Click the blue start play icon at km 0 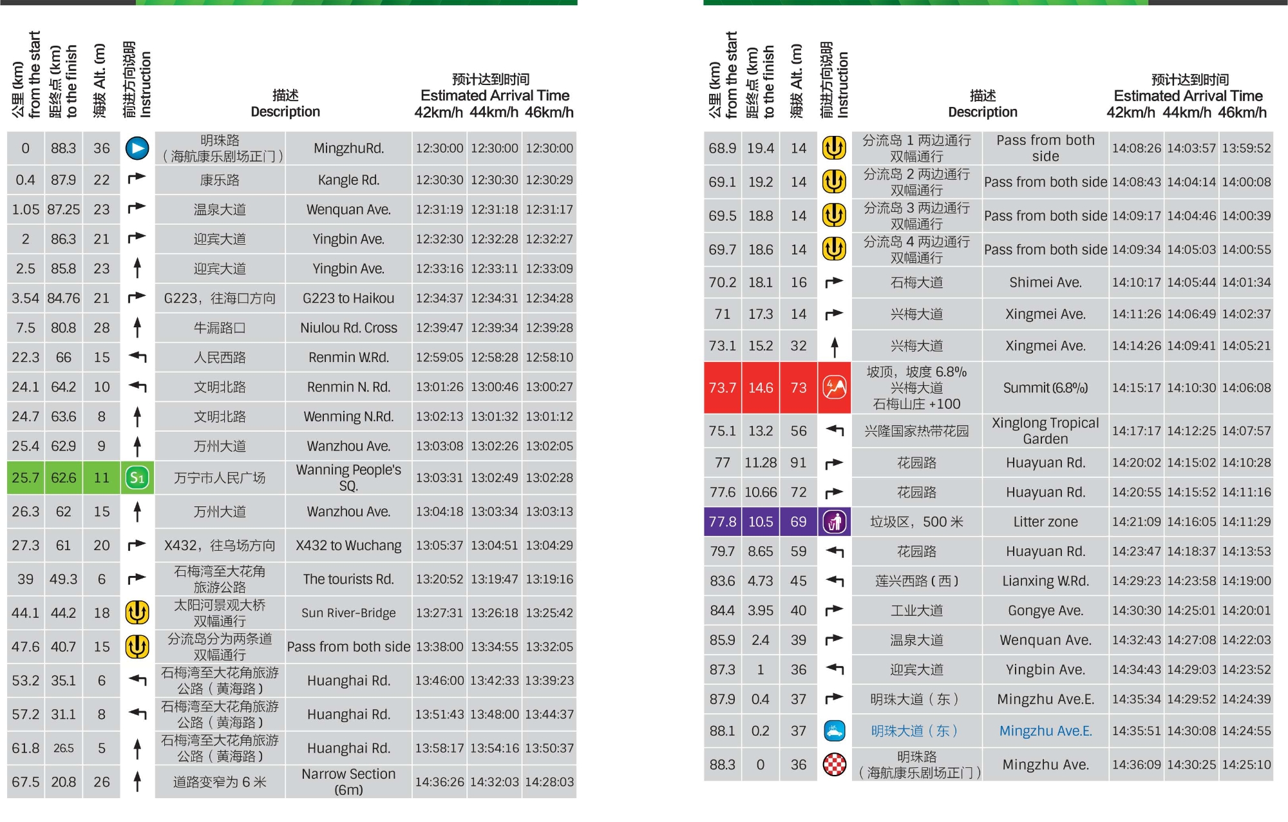(x=137, y=148)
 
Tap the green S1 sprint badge (x=137, y=478)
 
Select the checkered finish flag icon (x=835, y=765)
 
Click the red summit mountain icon (x=835, y=387)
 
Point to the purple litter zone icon (x=835, y=522)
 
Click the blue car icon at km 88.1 (x=835, y=731)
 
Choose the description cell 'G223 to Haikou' (x=348, y=298)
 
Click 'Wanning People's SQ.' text (x=348, y=477)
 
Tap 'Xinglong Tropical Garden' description (x=1045, y=431)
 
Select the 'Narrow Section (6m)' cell (x=348, y=781)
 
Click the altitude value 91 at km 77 (x=799, y=463)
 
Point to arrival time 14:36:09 (x=1137, y=765)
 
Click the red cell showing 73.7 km (x=723, y=387)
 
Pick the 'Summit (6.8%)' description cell (x=1045, y=388)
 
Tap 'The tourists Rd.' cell (x=348, y=579)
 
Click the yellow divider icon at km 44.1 (x=137, y=613)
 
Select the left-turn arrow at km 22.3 (x=137, y=357)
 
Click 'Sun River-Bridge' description (x=348, y=613)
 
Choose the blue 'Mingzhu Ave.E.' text (x=1045, y=731)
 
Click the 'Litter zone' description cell (x=1045, y=522)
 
